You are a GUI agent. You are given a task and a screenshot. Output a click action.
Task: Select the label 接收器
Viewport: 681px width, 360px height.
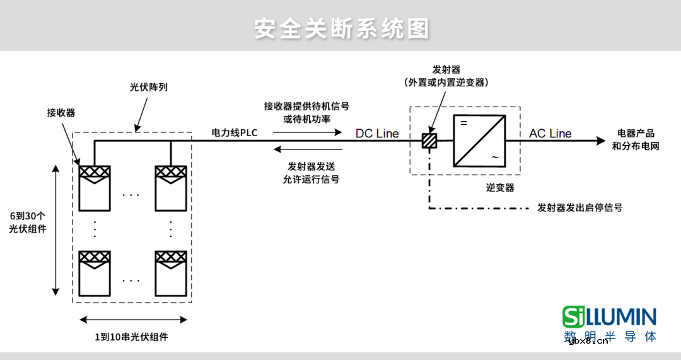[x=61, y=112]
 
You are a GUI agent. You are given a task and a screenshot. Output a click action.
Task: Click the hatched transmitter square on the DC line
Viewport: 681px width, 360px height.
[x=429, y=141]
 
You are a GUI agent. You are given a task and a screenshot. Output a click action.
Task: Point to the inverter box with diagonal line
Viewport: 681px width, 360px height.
[x=479, y=141]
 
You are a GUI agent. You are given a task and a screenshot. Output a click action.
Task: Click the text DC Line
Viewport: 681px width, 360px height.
[x=377, y=133]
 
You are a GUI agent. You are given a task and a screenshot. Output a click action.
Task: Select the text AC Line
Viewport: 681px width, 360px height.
[x=550, y=133]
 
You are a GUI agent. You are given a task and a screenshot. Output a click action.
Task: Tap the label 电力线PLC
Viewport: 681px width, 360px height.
[x=235, y=132]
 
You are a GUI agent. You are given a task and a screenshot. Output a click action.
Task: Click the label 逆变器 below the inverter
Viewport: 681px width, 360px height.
[x=500, y=187]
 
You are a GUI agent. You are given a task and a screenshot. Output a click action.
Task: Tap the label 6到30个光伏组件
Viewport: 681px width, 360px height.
[x=28, y=221]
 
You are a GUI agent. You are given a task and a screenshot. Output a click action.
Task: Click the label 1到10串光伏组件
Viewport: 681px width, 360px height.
[x=132, y=337]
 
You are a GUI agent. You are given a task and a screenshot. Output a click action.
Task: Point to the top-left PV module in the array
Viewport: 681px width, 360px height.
[x=94, y=188]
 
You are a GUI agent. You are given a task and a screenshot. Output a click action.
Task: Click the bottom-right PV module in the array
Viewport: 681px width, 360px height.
[x=171, y=274]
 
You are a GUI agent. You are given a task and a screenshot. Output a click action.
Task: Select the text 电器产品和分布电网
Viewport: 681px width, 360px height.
[x=634, y=139]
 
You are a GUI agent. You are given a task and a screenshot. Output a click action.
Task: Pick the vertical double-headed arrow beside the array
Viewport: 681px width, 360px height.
[x=55, y=230]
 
